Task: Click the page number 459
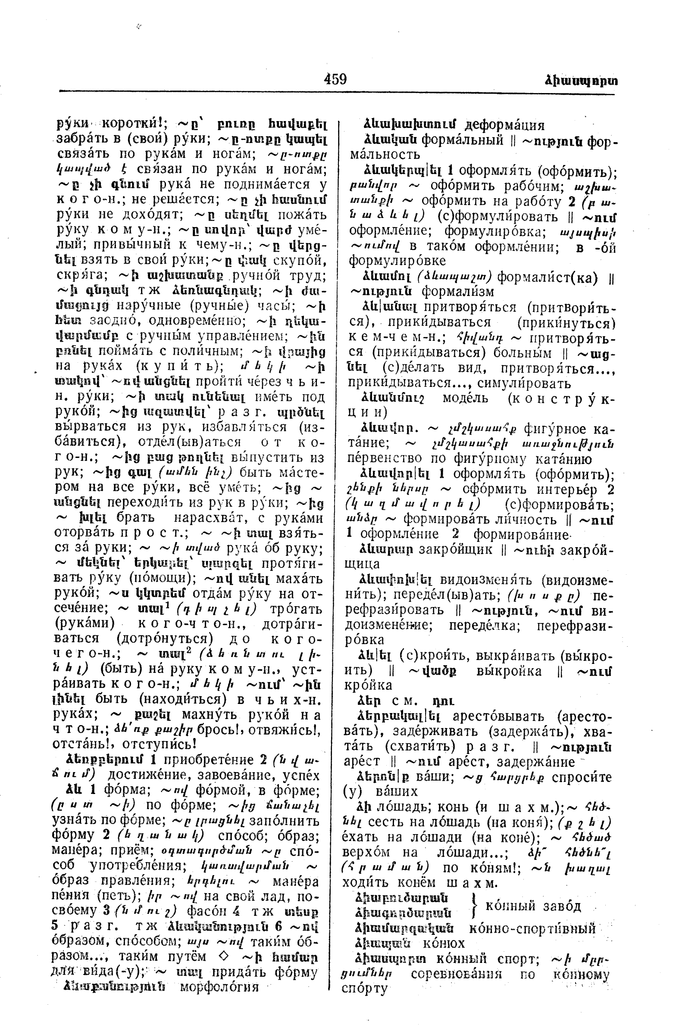tap(335, 80)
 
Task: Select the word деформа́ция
tap(504, 125)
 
